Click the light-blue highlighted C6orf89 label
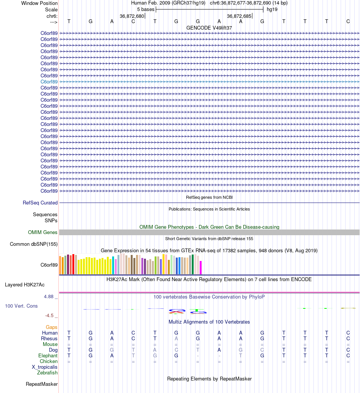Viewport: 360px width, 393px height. (49, 82)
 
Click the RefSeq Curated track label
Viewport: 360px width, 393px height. (40, 203)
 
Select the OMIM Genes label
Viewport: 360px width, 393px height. (43, 233)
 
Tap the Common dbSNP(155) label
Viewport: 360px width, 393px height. (34, 244)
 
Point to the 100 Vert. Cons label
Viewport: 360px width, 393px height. (21, 306)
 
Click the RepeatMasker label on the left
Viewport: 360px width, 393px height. (42, 384)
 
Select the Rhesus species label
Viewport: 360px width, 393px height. (49, 339)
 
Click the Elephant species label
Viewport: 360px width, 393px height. (48, 356)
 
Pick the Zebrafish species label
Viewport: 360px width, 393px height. (47, 373)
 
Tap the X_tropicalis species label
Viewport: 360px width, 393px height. (45, 367)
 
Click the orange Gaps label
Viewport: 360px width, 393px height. (52, 327)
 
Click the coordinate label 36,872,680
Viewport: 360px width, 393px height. (132, 16)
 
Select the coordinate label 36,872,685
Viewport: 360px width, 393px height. (239, 16)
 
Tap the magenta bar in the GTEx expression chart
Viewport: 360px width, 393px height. (201, 267)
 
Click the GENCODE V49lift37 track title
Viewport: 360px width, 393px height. (209, 28)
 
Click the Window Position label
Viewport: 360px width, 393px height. (39, 3)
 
